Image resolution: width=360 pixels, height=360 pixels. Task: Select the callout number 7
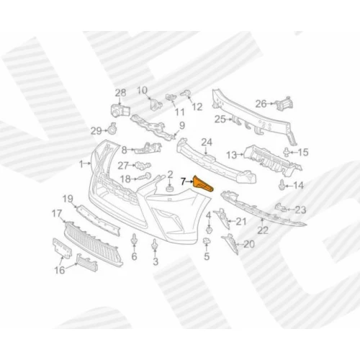click(x=184, y=181)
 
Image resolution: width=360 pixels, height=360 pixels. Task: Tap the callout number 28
click(x=120, y=93)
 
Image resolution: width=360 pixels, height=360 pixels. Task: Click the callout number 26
click(x=261, y=104)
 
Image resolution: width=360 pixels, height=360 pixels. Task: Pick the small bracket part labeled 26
click(x=284, y=104)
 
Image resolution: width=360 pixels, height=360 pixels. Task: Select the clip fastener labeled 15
click(x=287, y=152)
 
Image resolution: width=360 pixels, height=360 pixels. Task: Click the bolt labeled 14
click(x=282, y=185)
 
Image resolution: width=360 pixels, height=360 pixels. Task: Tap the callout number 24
click(x=207, y=143)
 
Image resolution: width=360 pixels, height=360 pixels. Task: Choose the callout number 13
click(x=232, y=156)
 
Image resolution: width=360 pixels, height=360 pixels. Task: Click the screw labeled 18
click(x=143, y=177)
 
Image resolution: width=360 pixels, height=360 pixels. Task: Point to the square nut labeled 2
click(x=170, y=188)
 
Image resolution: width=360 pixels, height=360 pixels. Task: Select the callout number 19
click(x=68, y=199)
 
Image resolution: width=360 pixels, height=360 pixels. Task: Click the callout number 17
click(x=57, y=213)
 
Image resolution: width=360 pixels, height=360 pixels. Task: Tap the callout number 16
click(x=60, y=270)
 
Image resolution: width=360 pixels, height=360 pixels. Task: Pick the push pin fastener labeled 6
click(x=134, y=240)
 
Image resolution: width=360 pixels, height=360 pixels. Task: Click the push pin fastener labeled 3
click(x=155, y=246)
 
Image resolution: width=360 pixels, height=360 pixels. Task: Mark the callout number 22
click(x=263, y=230)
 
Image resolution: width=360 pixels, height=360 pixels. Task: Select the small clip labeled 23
click(x=281, y=207)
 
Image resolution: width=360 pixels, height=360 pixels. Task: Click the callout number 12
click(x=197, y=107)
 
